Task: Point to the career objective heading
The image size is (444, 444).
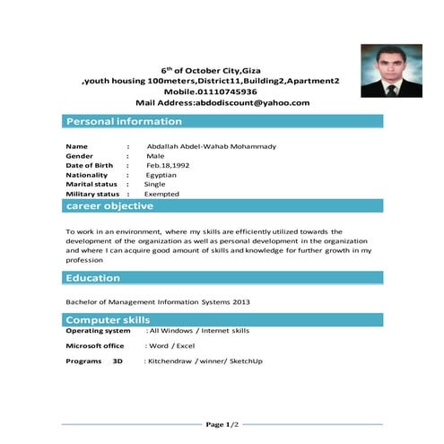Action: tap(110, 206)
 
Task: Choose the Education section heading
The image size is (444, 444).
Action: tap(93, 278)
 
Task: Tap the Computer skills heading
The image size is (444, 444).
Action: tap(108, 320)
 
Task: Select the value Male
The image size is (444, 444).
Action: tap(155, 156)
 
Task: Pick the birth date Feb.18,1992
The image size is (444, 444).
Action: tap(168, 166)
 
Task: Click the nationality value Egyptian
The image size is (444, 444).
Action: tap(161, 175)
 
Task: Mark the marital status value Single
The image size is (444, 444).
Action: tap(155, 184)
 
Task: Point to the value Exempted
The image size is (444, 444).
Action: tap(162, 194)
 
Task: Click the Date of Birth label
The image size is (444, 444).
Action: tap(90, 166)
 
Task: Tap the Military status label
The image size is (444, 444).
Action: tap(92, 194)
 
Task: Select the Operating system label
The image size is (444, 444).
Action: tap(98, 331)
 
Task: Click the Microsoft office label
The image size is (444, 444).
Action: tap(95, 345)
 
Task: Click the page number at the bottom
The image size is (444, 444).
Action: tap(222, 423)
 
